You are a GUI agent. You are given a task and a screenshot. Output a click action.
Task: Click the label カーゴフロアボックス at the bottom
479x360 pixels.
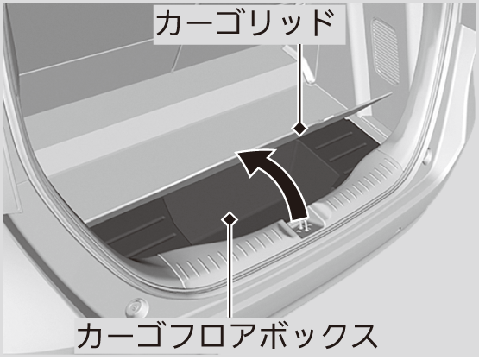226,336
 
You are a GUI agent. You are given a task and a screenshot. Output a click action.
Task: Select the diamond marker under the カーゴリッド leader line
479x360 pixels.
299,129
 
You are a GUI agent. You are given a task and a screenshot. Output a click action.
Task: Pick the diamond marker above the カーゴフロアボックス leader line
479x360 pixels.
230,218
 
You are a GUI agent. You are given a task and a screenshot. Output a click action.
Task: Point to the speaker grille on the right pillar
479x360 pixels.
385,52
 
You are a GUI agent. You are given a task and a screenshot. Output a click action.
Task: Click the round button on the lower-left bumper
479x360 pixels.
136,306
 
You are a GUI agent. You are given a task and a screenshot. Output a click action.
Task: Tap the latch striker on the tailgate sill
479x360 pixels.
306,227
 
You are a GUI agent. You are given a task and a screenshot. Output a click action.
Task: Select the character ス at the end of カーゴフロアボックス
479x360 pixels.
362,336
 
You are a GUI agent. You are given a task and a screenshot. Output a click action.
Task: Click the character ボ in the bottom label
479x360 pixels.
271,336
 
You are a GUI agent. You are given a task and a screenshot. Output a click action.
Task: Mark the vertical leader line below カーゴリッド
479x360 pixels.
300,83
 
